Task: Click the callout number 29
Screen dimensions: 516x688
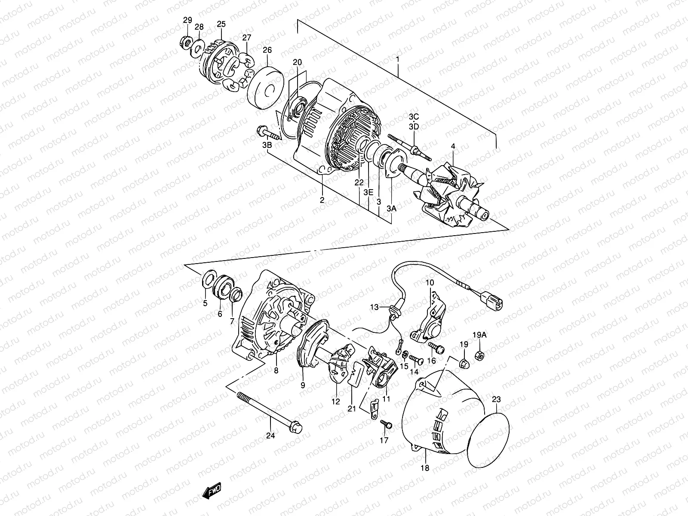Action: point(187,20)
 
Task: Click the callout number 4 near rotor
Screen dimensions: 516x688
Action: point(452,146)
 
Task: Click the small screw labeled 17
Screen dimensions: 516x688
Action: point(387,425)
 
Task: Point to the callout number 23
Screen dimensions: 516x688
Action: point(496,399)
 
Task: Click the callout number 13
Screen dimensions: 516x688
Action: point(375,307)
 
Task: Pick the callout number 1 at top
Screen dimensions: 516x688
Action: point(398,59)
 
